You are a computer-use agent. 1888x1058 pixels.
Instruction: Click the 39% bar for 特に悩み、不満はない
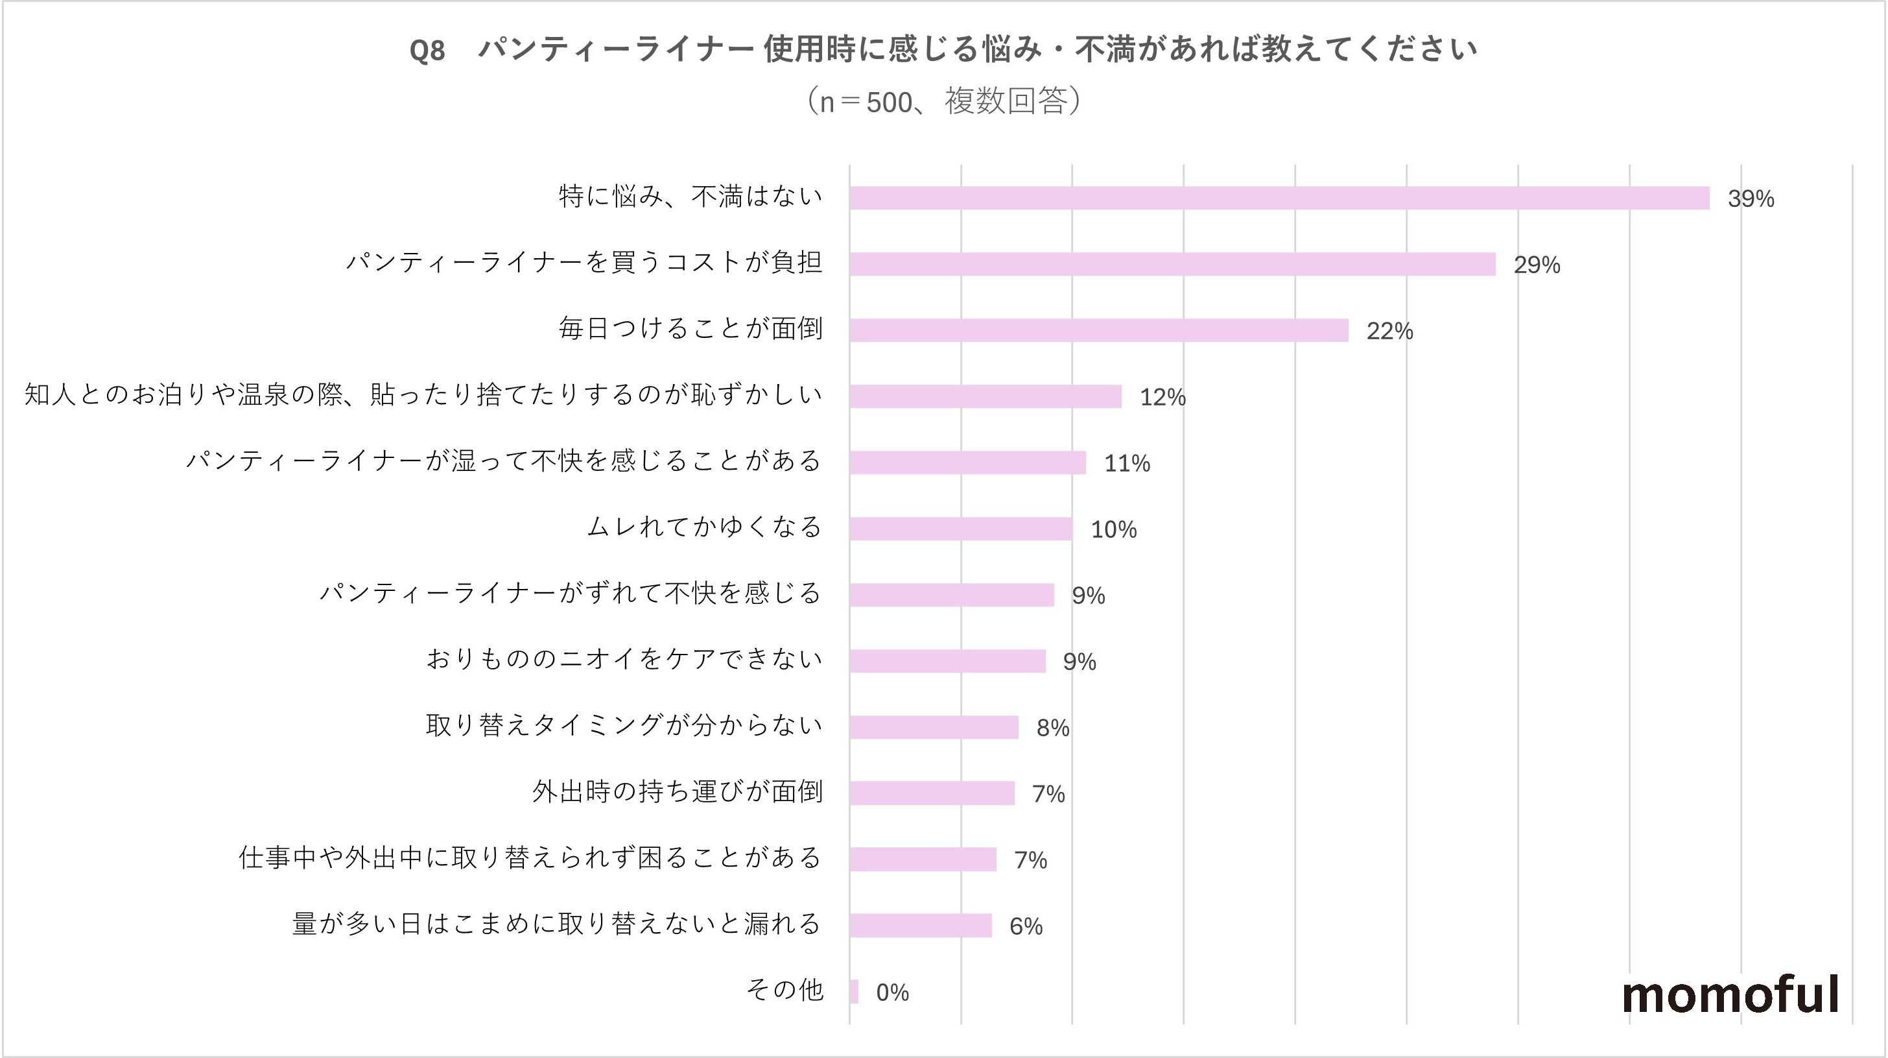coord(1279,198)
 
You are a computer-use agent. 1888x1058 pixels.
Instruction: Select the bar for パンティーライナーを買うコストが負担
coord(1173,264)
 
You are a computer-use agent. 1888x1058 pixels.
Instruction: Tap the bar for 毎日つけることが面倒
coord(1099,330)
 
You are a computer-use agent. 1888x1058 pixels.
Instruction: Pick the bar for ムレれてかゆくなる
coord(961,529)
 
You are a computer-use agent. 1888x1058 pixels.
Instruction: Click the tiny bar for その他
coord(854,992)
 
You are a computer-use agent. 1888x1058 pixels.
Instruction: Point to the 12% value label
coord(1162,396)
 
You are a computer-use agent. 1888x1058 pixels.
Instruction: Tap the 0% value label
coord(892,992)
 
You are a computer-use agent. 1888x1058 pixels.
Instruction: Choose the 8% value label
coord(1052,728)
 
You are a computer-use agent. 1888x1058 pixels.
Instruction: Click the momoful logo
coord(1730,994)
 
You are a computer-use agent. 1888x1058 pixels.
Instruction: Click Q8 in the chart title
coord(427,51)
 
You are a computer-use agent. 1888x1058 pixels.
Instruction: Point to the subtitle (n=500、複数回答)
coord(943,101)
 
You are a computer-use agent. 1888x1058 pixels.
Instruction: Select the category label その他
coord(785,990)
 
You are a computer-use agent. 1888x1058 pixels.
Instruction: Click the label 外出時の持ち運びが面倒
coord(678,792)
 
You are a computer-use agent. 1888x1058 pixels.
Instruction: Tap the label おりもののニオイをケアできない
coord(624,659)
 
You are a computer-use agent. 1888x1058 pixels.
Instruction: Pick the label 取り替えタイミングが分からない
coord(624,725)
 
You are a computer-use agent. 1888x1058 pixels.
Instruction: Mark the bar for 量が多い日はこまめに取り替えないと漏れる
coord(921,925)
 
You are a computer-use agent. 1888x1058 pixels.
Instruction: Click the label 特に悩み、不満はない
coord(690,196)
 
